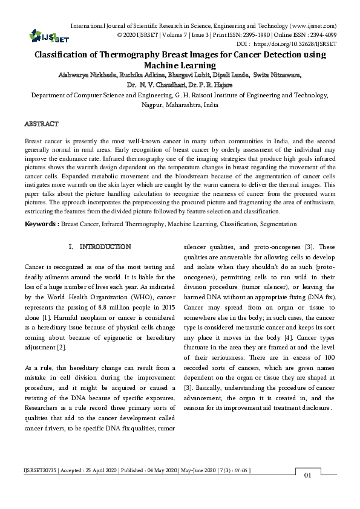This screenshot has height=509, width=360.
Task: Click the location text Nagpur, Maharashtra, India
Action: (x=180, y=105)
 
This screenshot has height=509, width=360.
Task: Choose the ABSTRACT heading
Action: (x=41, y=124)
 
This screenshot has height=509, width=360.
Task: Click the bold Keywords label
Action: (x=41, y=224)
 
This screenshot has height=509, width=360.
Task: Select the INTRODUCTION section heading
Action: (x=105, y=247)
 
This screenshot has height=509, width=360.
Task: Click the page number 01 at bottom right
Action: (x=307, y=475)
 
